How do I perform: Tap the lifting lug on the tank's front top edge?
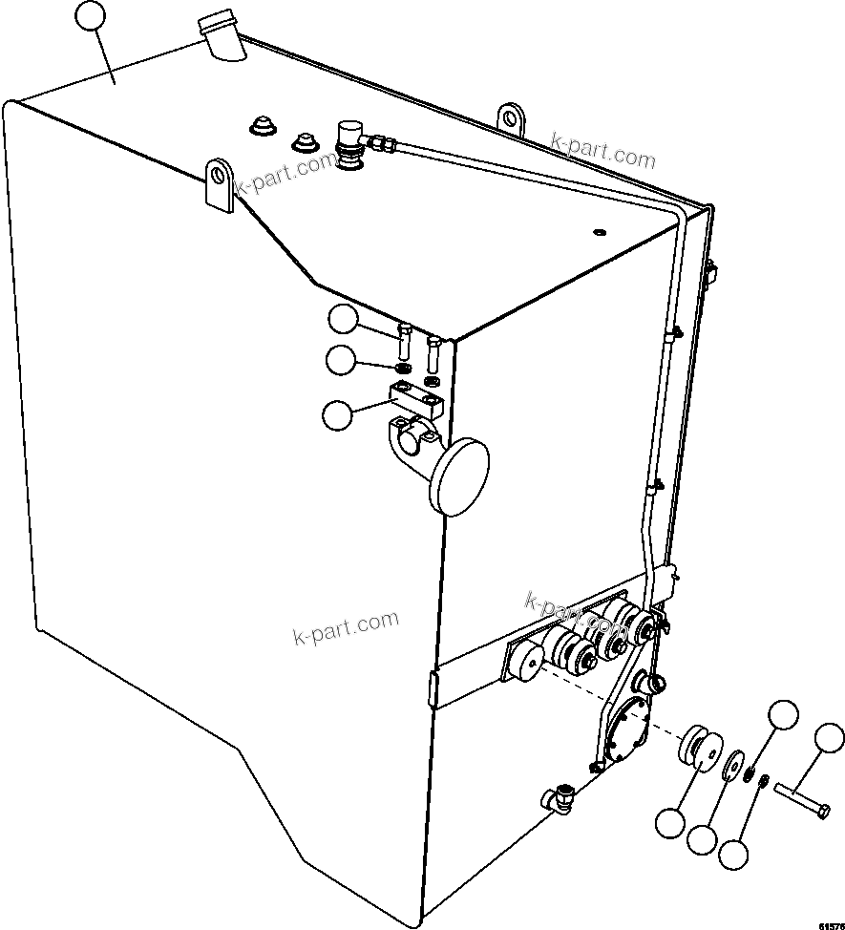point(220,184)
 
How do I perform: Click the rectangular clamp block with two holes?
point(417,394)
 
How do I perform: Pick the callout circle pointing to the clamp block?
point(338,414)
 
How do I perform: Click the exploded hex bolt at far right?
point(802,799)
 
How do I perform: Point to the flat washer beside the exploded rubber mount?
point(732,768)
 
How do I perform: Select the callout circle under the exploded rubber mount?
point(670,821)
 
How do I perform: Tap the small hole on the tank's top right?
point(599,231)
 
